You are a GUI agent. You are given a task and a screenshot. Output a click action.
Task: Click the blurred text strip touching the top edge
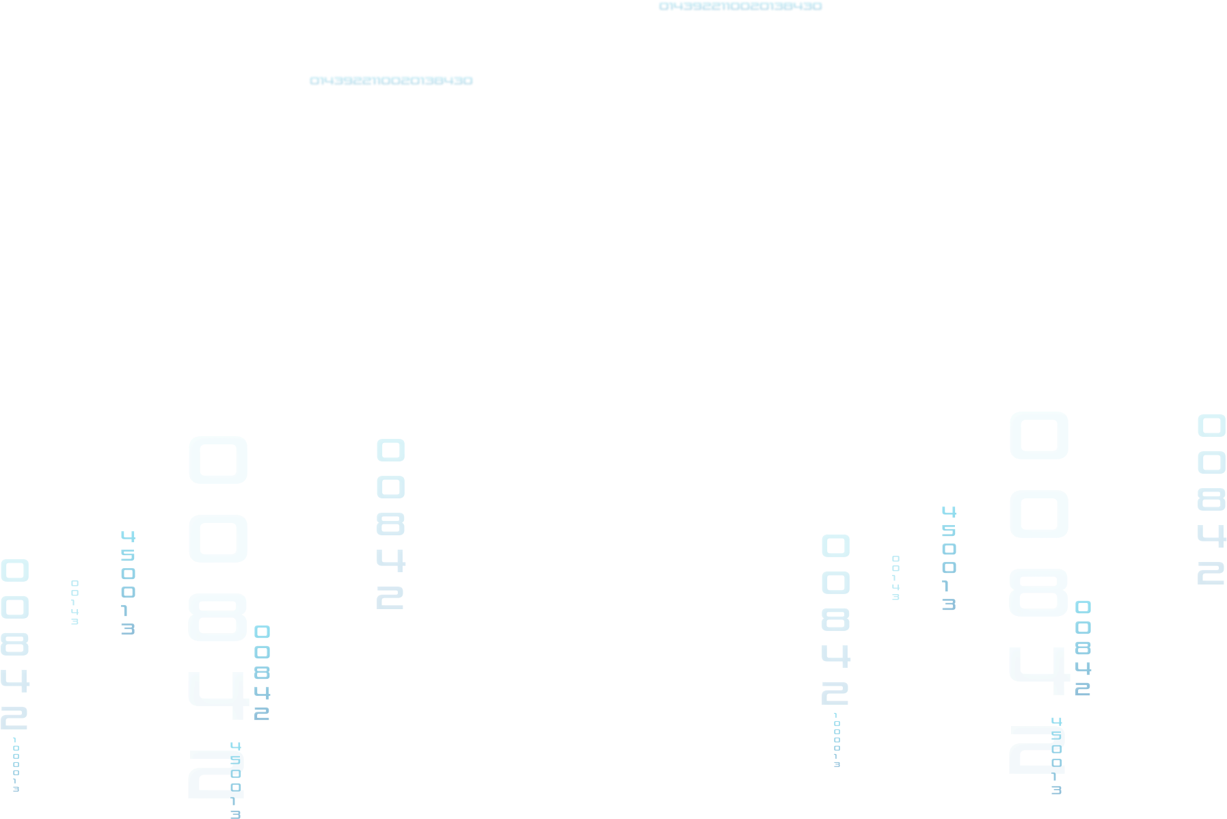click(x=740, y=7)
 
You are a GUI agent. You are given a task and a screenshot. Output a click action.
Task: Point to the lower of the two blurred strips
click(x=391, y=81)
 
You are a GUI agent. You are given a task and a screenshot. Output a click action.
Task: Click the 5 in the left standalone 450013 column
click(x=128, y=555)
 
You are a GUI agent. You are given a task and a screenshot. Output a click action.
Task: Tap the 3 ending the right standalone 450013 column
click(x=949, y=604)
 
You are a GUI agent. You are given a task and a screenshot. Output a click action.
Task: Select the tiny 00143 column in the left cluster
click(x=75, y=602)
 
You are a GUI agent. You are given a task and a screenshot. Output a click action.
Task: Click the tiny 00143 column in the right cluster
click(x=895, y=578)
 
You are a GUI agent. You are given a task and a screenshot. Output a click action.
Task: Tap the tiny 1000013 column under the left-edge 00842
click(x=15, y=764)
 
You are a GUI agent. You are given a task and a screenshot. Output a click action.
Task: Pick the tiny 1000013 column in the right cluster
click(x=836, y=740)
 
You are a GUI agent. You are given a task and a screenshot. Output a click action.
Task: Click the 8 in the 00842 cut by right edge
click(x=1211, y=500)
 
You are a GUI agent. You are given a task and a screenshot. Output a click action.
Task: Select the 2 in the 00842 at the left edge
click(x=14, y=719)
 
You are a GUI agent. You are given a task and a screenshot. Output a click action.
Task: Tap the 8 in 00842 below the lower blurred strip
click(x=390, y=524)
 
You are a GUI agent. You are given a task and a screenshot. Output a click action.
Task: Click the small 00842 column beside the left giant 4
click(x=262, y=673)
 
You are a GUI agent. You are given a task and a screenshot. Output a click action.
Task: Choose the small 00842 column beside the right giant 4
click(x=1083, y=648)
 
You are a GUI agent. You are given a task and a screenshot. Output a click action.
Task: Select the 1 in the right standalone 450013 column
click(x=949, y=587)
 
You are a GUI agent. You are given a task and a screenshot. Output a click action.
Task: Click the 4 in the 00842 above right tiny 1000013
click(x=835, y=656)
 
